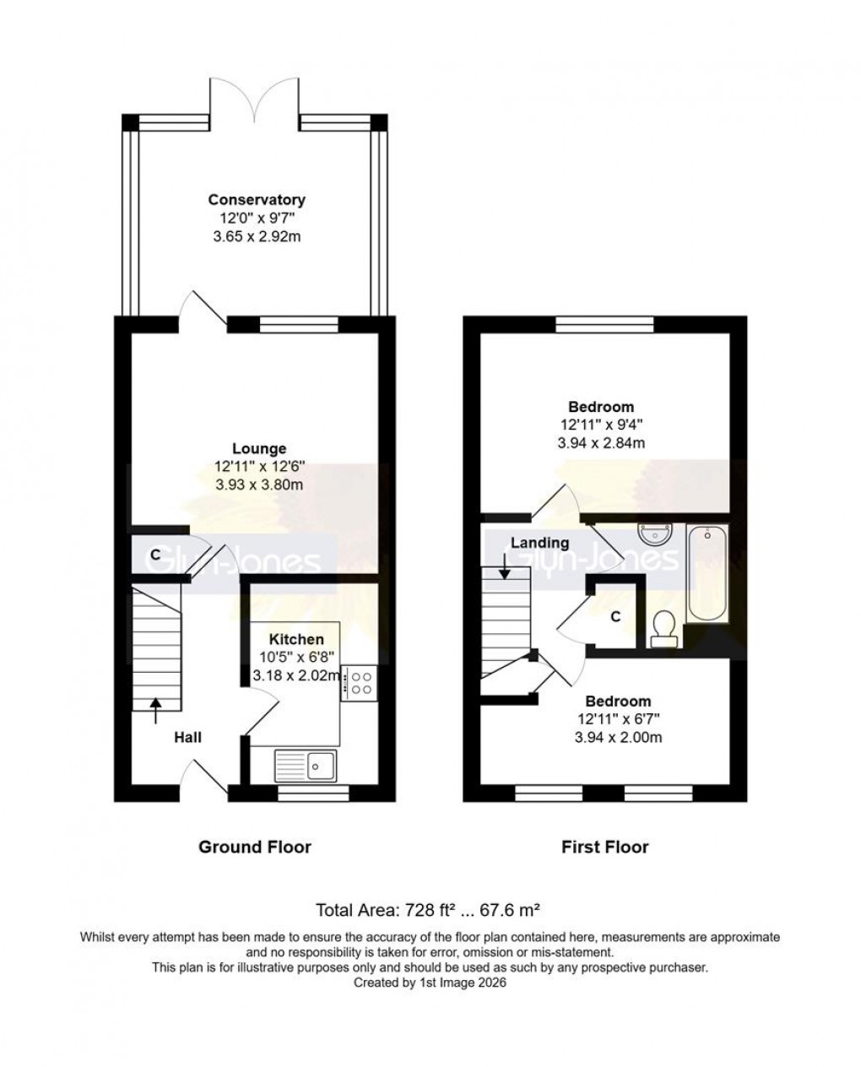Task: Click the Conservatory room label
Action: click(257, 200)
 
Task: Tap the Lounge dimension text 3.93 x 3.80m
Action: click(258, 485)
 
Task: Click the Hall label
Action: click(187, 737)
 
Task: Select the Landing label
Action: click(539, 543)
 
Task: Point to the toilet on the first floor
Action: click(665, 629)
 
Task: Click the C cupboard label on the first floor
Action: click(615, 617)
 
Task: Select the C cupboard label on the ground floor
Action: click(155, 555)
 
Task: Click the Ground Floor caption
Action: click(254, 847)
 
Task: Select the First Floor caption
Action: click(605, 847)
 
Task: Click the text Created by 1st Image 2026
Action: click(430, 983)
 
